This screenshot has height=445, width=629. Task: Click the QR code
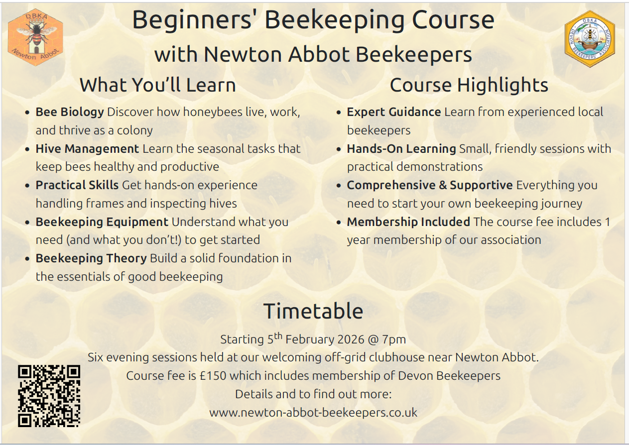[x=49, y=396]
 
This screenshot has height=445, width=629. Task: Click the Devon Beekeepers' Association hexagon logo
[x=590, y=39]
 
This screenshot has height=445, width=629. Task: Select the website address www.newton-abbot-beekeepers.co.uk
[x=313, y=413]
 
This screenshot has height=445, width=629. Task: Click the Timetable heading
[x=313, y=311]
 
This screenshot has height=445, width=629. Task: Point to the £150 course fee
[x=213, y=376]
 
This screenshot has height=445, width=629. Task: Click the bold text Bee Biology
[x=70, y=112]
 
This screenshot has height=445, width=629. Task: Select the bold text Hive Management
[x=87, y=149]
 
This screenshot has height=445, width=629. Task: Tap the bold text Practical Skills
[x=77, y=185]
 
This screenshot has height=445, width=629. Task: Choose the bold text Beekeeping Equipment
[x=102, y=222]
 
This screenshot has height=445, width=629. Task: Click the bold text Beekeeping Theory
[x=91, y=258]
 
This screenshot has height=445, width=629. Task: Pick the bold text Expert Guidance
[x=394, y=112]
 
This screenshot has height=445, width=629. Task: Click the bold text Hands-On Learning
[x=401, y=149]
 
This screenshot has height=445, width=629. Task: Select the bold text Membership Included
[x=408, y=222]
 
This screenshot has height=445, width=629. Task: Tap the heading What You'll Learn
[x=158, y=85]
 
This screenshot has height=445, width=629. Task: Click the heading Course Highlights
[x=469, y=85]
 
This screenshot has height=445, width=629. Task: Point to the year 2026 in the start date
[x=351, y=339]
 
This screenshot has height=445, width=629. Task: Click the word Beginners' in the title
[x=192, y=21]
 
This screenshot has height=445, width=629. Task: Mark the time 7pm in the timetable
[x=394, y=340]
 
